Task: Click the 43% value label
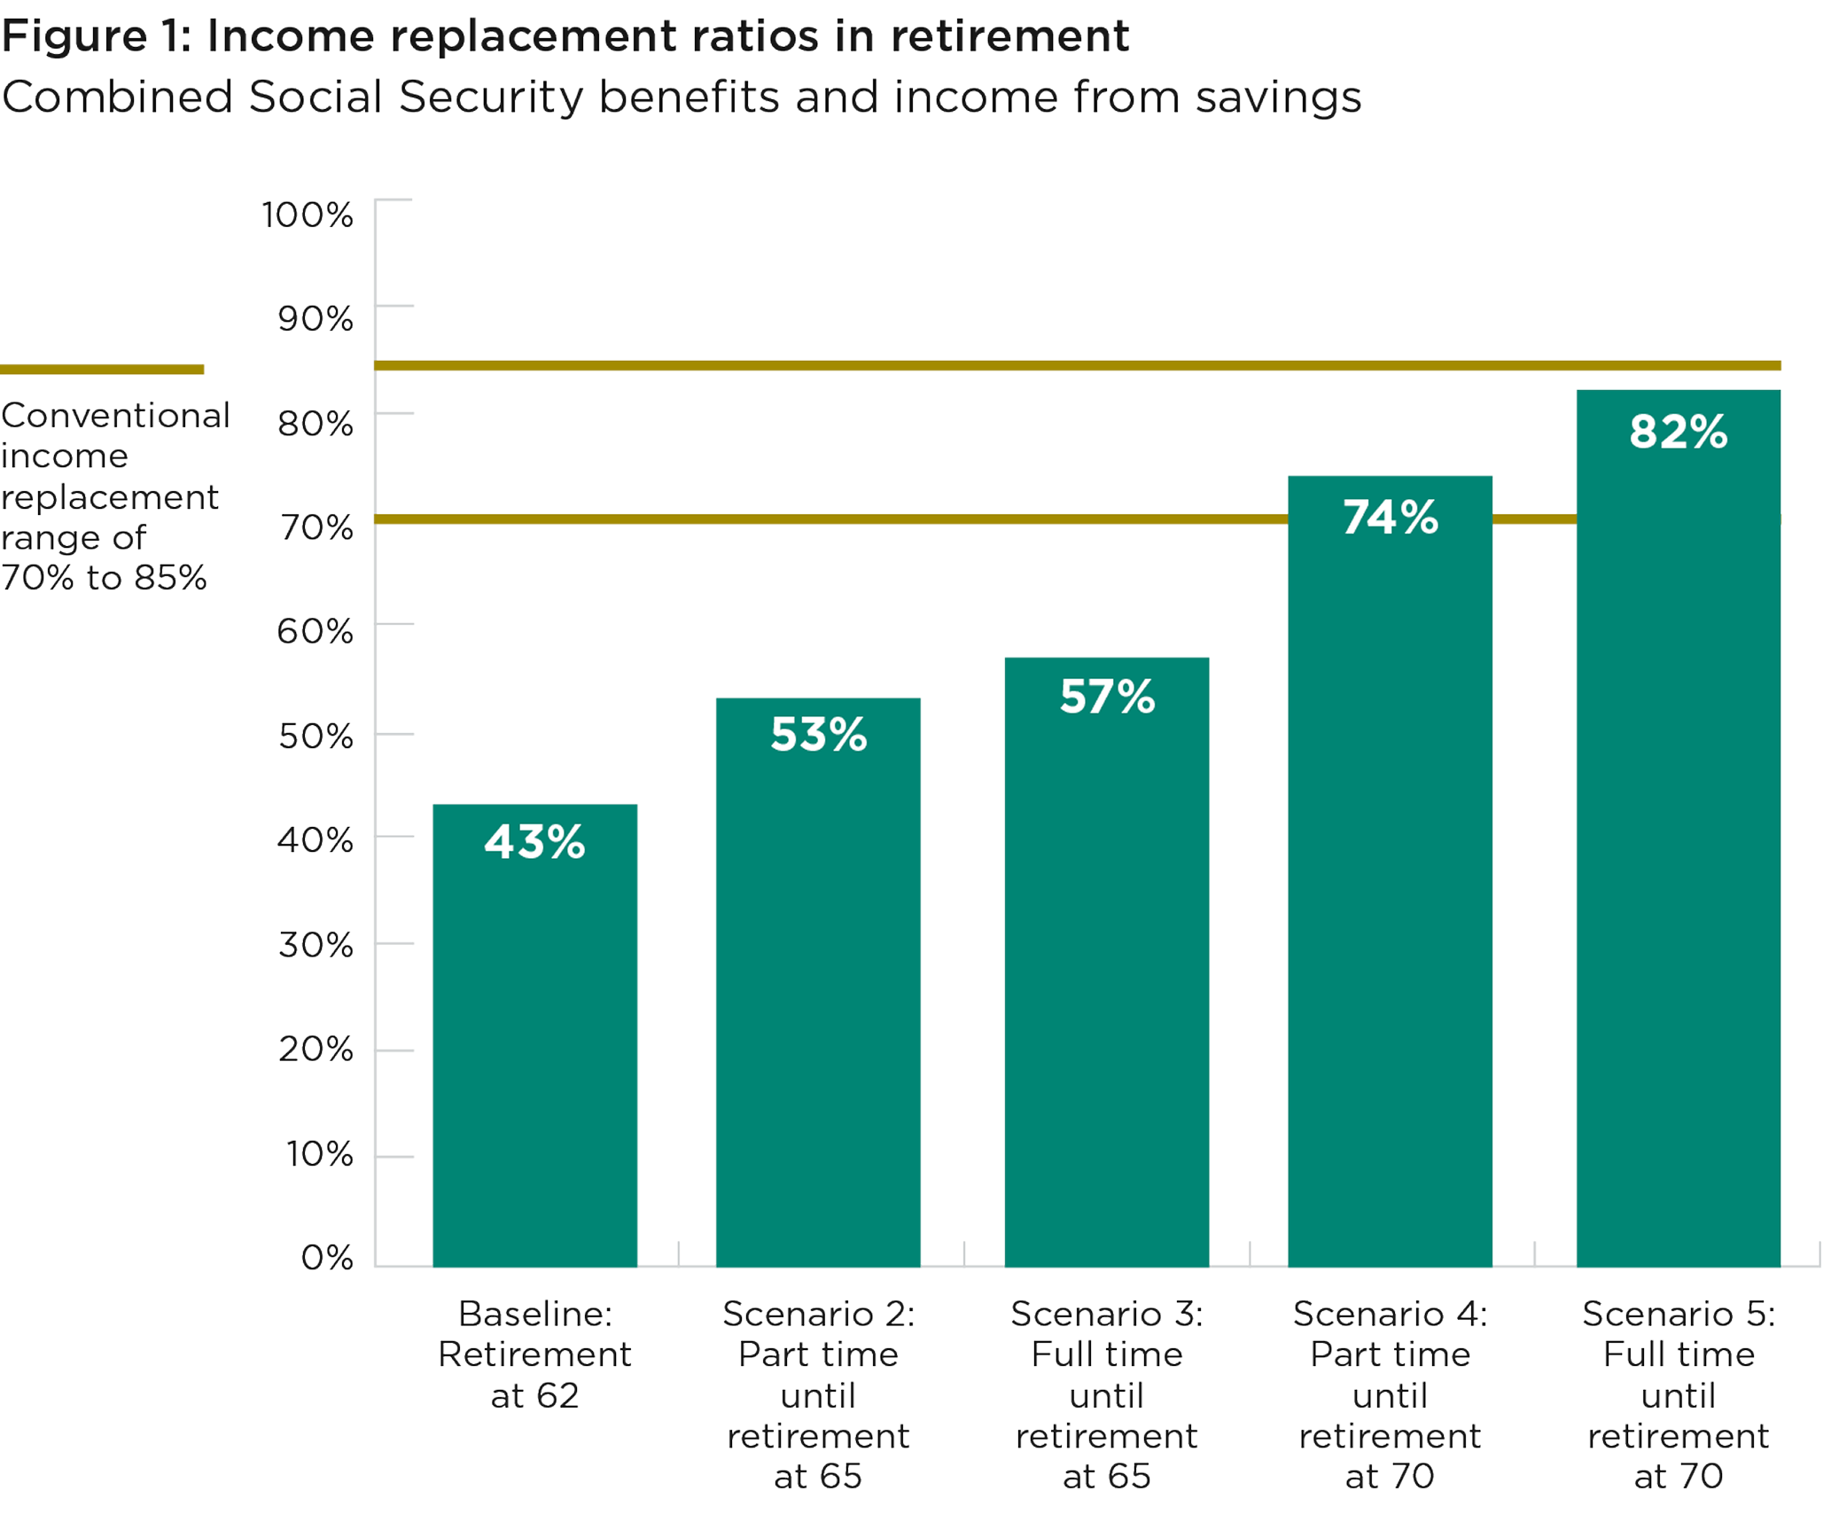tap(534, 842)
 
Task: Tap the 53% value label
tap(818, 735)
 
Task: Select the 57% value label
tap(1107, 697)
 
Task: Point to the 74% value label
tap(1390, 518)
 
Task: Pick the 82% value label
tap(1678, 433)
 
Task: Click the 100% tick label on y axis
tap(307, 215)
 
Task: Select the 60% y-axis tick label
tap(315, 632)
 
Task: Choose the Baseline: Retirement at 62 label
tap(534, 1354)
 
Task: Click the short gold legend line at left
tap(102, 370)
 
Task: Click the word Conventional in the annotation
tap(115, 415)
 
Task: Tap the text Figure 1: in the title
tap(96, 37)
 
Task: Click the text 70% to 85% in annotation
tap(104, 578)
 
